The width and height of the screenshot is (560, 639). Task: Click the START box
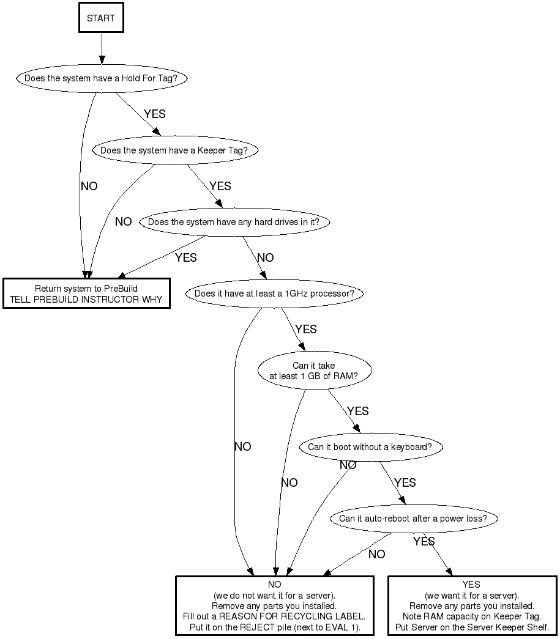pyautogui.click(x=101, y=18)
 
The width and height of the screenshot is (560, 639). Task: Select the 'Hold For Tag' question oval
pyautogui.click(x=101, y=78)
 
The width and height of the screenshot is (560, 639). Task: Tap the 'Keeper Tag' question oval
pyautogui.click(x=174, y=150)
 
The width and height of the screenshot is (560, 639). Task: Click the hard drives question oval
pyautogui.click(x=234, y=222)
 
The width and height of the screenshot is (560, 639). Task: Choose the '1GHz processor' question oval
pyautogui.click(x=274, y=294)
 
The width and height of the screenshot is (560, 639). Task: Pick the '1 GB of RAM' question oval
pyautogui.click(x=313, y=371)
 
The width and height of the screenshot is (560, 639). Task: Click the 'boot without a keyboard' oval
pyautogui.click(x=370, y=447)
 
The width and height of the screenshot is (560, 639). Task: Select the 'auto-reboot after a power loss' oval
pyautogui.click(x=413, y=519)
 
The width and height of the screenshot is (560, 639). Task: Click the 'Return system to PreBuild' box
pyautogui.click(x=86, y=294)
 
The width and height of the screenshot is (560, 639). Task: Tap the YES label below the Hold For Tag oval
pyautogui.click(x=154, y=114)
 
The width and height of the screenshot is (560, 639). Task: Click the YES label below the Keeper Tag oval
pyautogui.click(x=220, y=186)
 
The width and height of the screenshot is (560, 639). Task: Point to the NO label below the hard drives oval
pyautogui.click(x=265, y=258)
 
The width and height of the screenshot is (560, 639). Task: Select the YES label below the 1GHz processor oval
pyautogui.click(x=306, y=330)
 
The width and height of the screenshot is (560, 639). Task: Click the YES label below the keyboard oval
pyautogui.click(x=405, y=483)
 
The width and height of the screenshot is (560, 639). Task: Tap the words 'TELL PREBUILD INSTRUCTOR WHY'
pyautogui.click(x=86, y=300)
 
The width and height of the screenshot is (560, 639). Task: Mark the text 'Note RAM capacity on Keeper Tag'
pyautogui.click(x=472, y=616)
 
